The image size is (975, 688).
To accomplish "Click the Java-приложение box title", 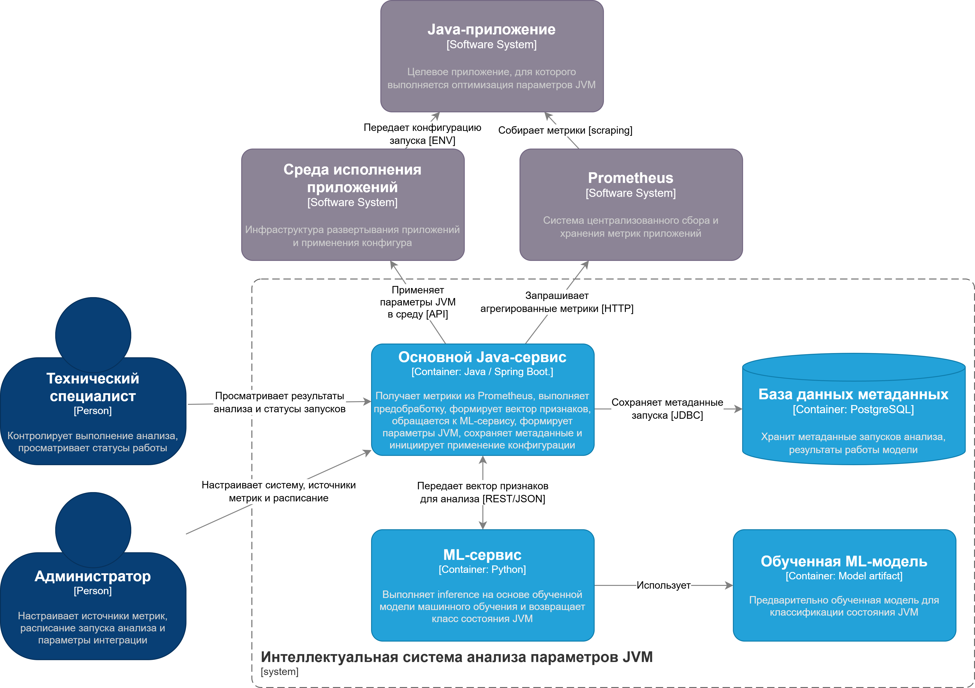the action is click(x=491, y=29).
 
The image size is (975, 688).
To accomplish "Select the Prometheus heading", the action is click(x=631, y=178).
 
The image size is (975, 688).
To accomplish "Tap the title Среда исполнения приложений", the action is click(x=353, y=178).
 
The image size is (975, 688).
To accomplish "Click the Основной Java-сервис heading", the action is click(x=482, y=357).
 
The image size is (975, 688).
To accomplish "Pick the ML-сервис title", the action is click(x=482, y=555).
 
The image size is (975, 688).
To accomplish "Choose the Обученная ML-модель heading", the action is click(x=844, y=561).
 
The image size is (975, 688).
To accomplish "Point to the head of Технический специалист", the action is click(x=93, y=335).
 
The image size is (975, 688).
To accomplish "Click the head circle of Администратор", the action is click(x=93, y=530).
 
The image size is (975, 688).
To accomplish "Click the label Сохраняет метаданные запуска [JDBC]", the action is click(x=667, y=409).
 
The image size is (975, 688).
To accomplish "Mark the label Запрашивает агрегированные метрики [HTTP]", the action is click(x=557, y=302).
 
